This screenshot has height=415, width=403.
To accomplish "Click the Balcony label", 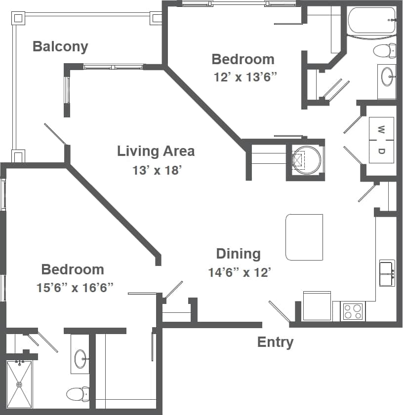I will (x=60, y=46).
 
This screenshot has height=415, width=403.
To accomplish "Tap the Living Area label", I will (x=156, y=151).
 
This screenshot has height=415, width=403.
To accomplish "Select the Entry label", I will (x=275, y=342).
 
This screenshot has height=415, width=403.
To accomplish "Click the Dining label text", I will (x=238, y=254).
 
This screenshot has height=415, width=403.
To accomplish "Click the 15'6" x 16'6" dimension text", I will (x=75, y=288).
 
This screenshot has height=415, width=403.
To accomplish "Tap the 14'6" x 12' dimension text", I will (x=240, y=272).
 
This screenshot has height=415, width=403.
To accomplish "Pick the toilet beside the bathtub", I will (x=385, y=50).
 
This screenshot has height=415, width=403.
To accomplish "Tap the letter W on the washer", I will (x=381, y=130).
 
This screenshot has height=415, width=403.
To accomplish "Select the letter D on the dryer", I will (x=381, y=151).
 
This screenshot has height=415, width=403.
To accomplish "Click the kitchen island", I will (x=304, y=237).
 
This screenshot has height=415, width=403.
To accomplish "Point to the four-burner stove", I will (x=353, y=311).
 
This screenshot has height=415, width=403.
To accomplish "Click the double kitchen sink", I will (x=386, y=273).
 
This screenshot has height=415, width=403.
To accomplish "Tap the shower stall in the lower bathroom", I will (x=19, y=384).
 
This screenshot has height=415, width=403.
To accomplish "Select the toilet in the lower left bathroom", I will (x=78, y=394).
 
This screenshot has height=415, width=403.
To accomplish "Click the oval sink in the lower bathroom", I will (x=80, y=359).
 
